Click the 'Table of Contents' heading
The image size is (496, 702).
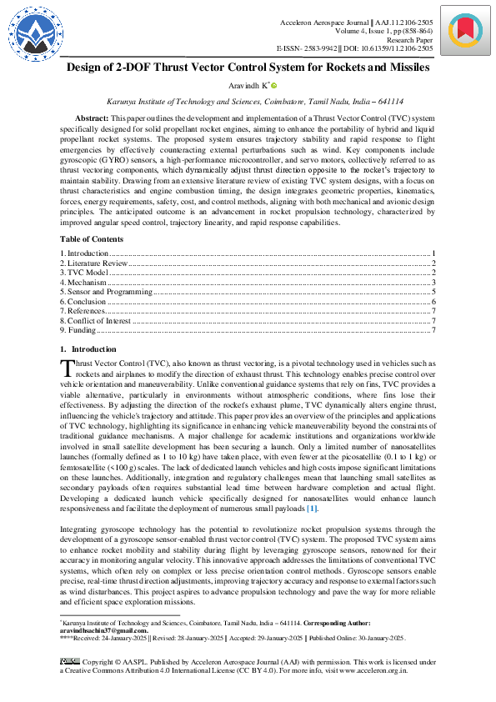[92, 239]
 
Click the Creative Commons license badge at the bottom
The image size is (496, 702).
[69, 661]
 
